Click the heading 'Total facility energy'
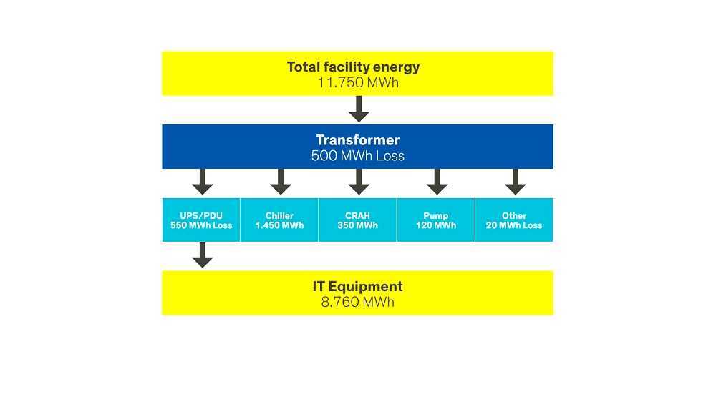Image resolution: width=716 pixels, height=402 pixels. tap(353, 67)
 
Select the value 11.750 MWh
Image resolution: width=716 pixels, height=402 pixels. tap(357, 82)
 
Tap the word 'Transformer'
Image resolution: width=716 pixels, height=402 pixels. tap(357, 140)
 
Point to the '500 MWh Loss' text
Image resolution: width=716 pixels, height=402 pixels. tap(357, 155)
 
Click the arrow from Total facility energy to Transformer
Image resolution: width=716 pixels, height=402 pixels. tap(359, 109)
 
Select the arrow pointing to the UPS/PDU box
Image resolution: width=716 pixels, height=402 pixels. tap(203, 182)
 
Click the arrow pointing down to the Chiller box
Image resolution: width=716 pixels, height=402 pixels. tap(280, 182)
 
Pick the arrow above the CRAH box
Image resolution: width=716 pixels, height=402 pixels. tap(359, 182)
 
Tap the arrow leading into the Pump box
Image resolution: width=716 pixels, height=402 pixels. tap(436, 182)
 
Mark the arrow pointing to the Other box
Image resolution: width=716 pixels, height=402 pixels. tap(514, 182)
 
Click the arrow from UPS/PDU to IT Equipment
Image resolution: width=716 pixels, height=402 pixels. tap(203, 255)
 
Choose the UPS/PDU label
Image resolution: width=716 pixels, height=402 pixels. tap(201, 215)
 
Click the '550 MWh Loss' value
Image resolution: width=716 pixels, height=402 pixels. tap(201, 225)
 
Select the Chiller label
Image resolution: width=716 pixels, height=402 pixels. tap(279, 215)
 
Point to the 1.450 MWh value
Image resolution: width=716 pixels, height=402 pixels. tap(279, 225)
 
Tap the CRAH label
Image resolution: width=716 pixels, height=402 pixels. tap(357, 215)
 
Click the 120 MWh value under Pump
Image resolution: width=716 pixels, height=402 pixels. tap(436, 225)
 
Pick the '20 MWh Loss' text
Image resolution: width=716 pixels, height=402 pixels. tap(514, 225)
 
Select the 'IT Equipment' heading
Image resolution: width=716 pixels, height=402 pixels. tap(357, 286)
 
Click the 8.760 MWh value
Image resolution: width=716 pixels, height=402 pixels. tap(357, 302)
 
